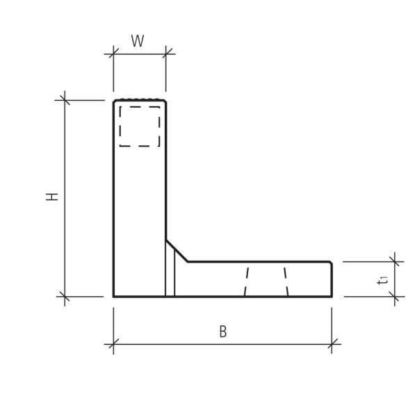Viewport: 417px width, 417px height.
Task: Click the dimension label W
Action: [138, 42]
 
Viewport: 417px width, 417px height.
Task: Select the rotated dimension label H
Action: [53, 197]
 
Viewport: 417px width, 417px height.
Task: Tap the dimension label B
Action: [223, 332]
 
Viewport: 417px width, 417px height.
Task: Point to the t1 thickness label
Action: [382, 279]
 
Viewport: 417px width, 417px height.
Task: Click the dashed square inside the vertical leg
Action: [140, 126]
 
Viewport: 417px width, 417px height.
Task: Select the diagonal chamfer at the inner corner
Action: [177, 251]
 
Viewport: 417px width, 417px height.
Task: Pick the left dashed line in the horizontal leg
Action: [246, 280]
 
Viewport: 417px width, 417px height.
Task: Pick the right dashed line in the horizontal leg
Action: [286, 280]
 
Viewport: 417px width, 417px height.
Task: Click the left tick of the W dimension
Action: [113, 54]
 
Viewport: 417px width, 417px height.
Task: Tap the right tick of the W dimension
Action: [166, 54]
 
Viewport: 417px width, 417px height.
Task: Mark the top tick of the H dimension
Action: [65, 100]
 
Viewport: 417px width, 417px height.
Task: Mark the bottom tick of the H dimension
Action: [65, 297]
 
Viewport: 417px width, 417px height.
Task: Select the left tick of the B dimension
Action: [113, 343]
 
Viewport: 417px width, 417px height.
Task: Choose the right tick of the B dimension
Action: [332, 343]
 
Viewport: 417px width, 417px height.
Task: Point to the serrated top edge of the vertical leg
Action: [140, 100]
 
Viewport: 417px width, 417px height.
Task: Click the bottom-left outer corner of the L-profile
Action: [114, 297]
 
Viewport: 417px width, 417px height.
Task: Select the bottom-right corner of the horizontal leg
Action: [332, 297]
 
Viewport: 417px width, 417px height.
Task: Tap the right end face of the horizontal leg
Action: [332, 279]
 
